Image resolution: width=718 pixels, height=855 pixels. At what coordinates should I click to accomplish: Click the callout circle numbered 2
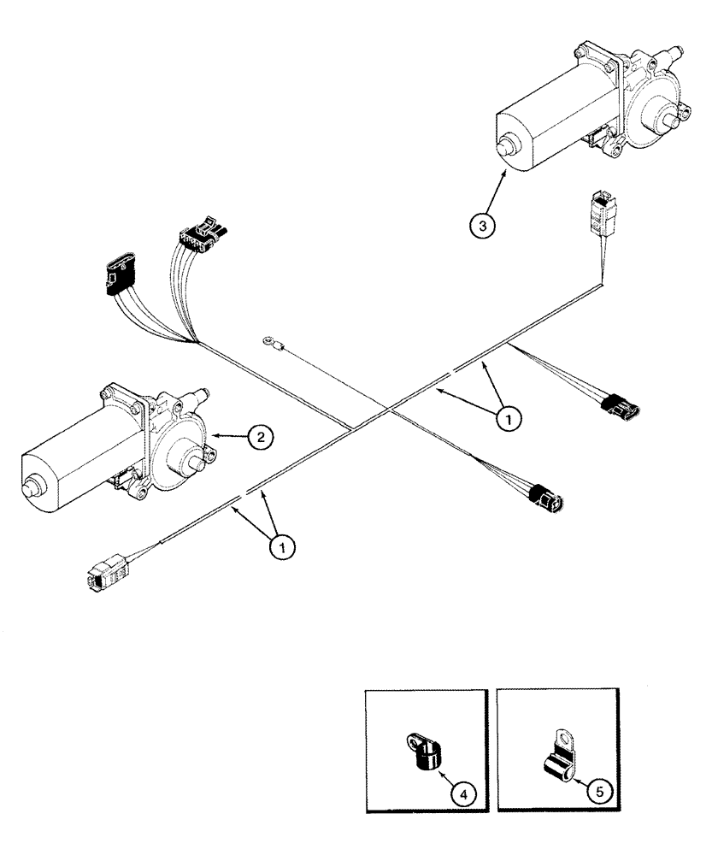pyautogui.click(x=262, y=437)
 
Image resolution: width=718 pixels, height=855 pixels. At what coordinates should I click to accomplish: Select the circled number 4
pyautogui.click(x=462, y=795)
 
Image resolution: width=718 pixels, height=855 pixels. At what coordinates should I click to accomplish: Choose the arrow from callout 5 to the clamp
pyautogui.click(x=581, y=773)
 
